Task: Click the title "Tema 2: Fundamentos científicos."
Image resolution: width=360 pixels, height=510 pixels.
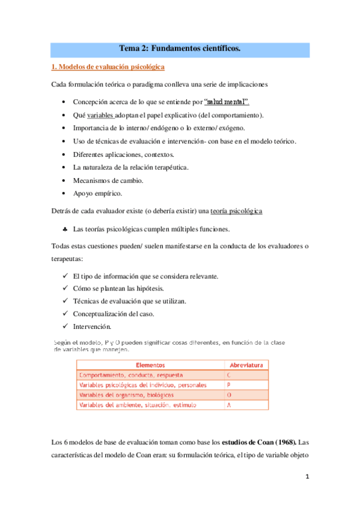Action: click(x=180, y=49)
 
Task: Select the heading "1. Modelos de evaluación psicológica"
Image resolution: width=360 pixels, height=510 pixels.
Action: click(x=107, y=67)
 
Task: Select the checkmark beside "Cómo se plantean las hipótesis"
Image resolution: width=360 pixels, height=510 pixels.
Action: click(x=65, y=288)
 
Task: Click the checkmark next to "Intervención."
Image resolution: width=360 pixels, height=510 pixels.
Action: click(x=65, y=327)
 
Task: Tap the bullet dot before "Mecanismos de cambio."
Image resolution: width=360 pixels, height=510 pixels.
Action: click(x=64, y=180)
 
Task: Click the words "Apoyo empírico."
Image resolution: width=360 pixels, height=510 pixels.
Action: click(x=97, y=194)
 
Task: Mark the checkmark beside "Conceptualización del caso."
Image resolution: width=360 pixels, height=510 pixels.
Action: click(x=65, y=314)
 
